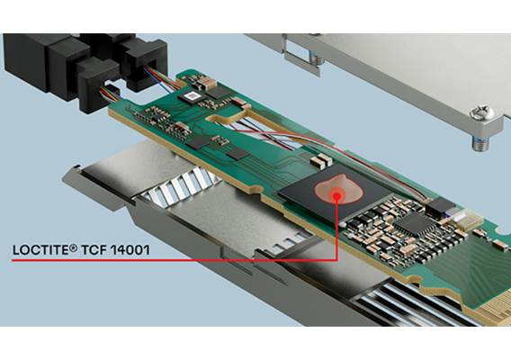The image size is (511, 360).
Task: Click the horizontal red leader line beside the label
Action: coord(180,260)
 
